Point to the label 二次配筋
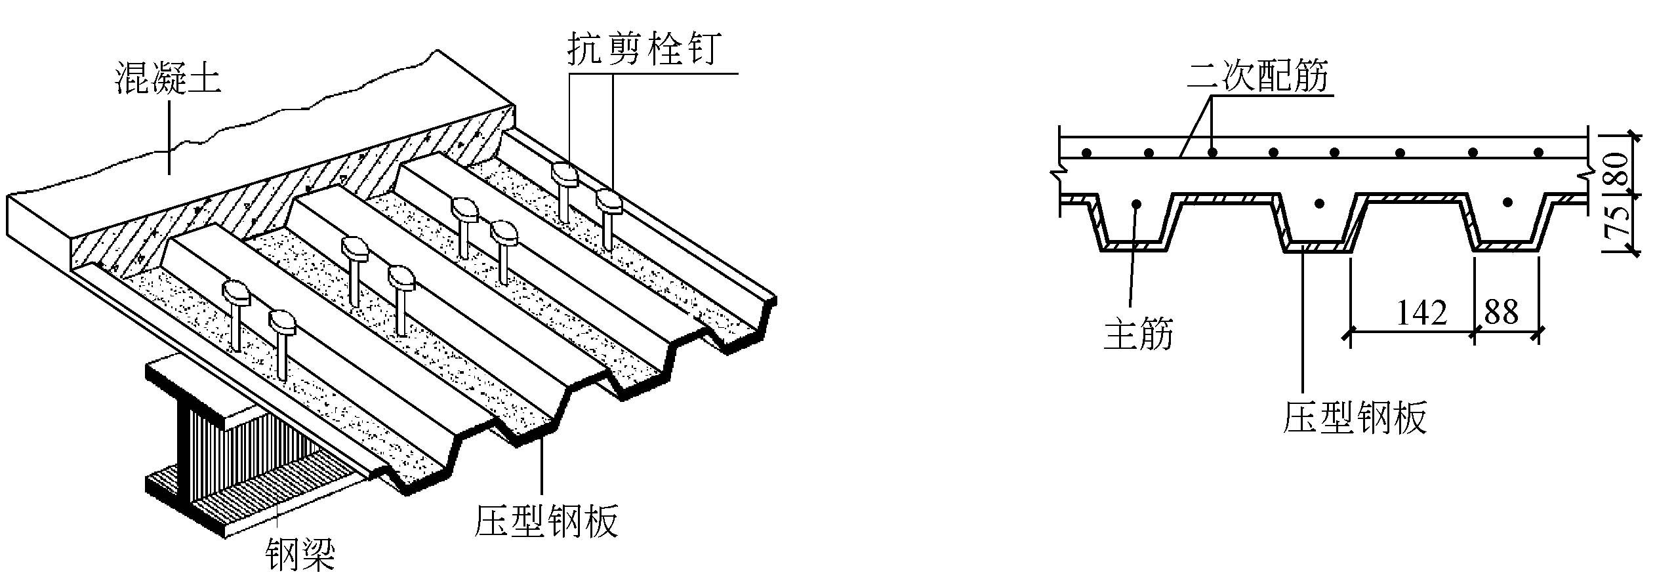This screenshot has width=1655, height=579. [1257, 76]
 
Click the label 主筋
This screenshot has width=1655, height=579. [1138, 335]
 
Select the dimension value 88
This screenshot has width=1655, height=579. [1502, 312]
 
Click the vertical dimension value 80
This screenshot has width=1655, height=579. [1619, 169]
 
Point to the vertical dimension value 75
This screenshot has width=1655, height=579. [1619, 220]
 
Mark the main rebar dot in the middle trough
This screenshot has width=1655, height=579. [1320, 203]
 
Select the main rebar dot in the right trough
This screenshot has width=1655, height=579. [1508, 202]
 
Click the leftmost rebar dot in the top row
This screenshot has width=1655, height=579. [1086, 153]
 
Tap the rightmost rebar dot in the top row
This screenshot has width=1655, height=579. [1538, 153]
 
